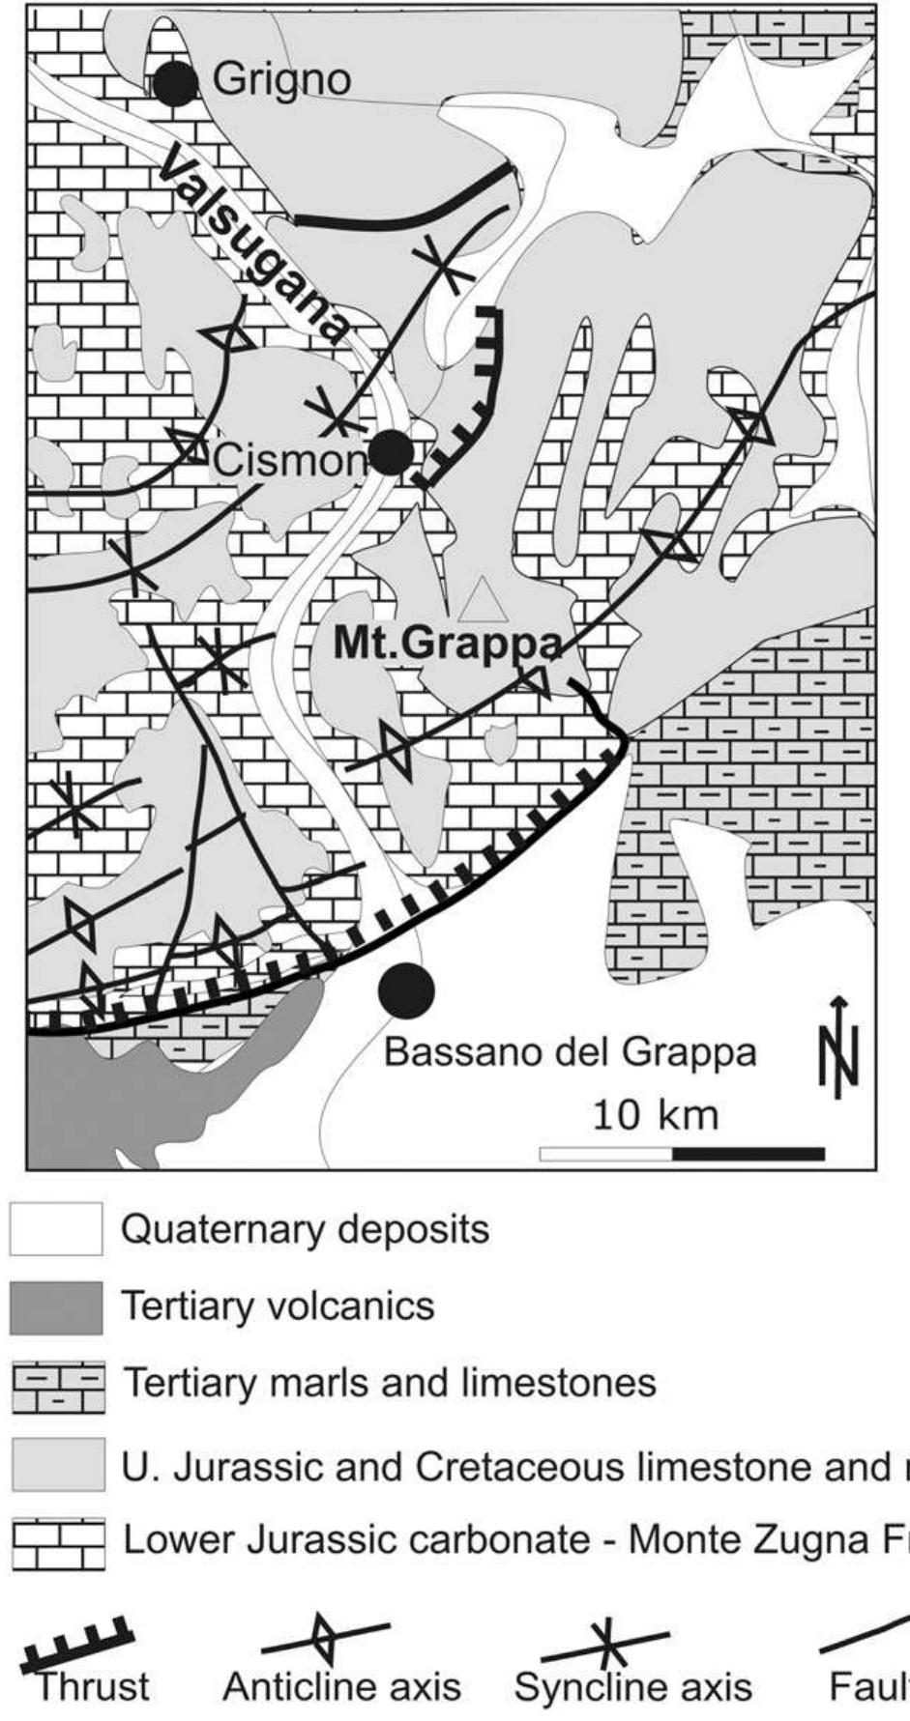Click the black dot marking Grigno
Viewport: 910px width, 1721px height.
tap(175, 82)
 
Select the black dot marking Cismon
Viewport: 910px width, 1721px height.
tap(392, 452)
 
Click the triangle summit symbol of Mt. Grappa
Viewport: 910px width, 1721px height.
tap(481, 601)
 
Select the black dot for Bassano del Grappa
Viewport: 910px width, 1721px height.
tap(406, 990)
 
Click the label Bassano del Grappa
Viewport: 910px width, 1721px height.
tap(570, 1051)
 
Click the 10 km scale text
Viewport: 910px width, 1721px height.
tap(655, 1115)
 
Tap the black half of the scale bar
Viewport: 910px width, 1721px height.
tap(748, 1153)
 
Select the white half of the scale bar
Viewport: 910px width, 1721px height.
tap(605, 1153)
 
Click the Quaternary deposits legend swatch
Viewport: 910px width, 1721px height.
tap(56, 1229)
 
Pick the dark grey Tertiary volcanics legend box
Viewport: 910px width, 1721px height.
tap(56, 1307)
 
